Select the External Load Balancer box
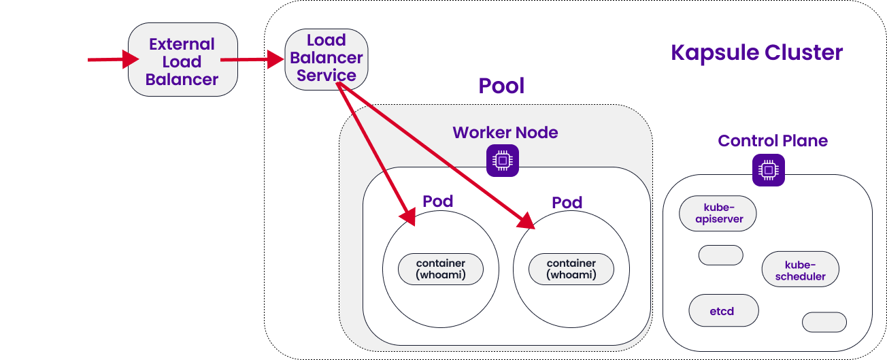182,61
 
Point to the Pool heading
501,86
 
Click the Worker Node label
505,133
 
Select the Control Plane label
773,141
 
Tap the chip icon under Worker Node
502,161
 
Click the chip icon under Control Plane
768,170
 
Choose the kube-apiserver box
718,214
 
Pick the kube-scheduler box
800,270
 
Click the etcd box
723,311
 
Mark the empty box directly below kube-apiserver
720,255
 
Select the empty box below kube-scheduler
824,322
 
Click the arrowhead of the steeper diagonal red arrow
408,216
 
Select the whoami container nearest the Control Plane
571,269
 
